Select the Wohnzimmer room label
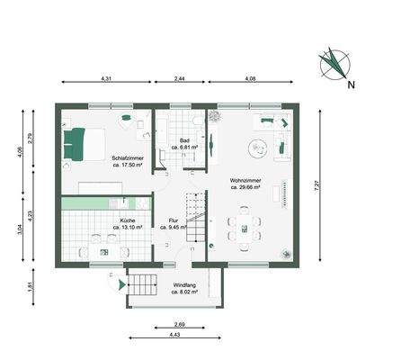(x=245, y=184)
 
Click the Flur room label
(x=173, y=223)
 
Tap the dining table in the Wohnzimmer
(x=245, y=225)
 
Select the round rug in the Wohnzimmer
(x=261, y=148)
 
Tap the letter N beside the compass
(x=352, y=86)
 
